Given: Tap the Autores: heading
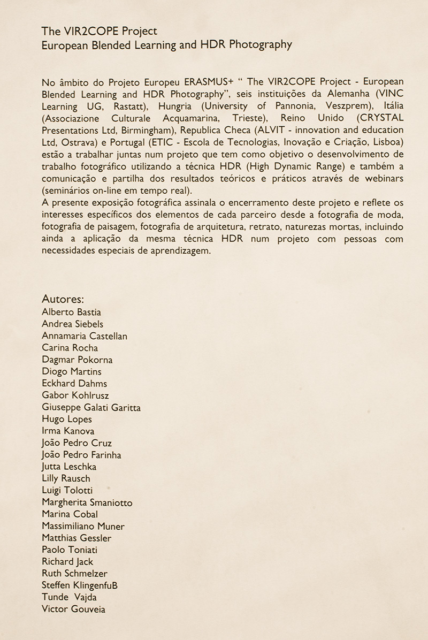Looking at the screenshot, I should (63, 299).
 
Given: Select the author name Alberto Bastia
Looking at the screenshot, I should (71, 312).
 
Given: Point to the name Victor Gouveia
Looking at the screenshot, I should (73, 609).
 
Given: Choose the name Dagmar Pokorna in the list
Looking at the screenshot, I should (77, 360).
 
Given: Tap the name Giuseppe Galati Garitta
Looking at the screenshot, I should (91, 407).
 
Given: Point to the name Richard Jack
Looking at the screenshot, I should (67, 561).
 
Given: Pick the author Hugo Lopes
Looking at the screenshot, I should (67, 419).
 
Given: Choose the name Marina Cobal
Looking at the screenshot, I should (70, 514).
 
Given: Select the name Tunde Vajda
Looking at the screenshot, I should (69, 597).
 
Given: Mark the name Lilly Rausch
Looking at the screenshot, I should (66, 478).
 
